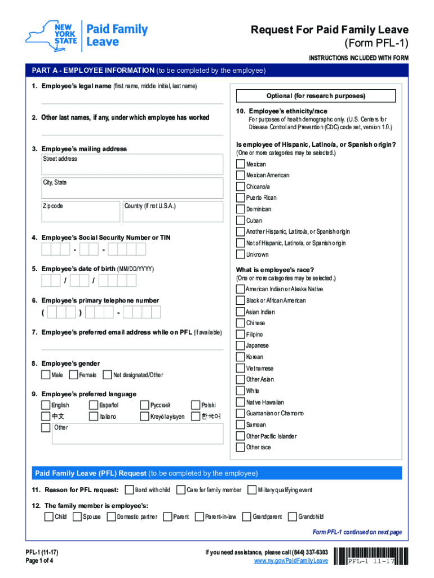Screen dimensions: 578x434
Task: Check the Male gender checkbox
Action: click(46, 375)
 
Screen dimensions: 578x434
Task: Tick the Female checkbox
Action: click(73, 375)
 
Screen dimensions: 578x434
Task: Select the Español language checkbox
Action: click(94, 405)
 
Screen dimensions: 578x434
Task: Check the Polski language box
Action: click(196, 405)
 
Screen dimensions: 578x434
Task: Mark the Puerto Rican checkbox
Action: click(241, 198)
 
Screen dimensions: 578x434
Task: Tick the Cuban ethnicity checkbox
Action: click(241, 220)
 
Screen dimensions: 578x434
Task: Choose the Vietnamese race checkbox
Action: click(241, 368)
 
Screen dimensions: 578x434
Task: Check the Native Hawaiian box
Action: click(241, 402)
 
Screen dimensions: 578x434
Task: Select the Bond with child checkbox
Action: click(129, 489)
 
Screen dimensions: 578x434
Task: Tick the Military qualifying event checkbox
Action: click(252, 489)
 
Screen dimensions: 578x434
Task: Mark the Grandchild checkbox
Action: click(292, 516)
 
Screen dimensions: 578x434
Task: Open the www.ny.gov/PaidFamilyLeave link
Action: click(290, 561)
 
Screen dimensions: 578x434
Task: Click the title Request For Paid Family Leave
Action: click(330, 30)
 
